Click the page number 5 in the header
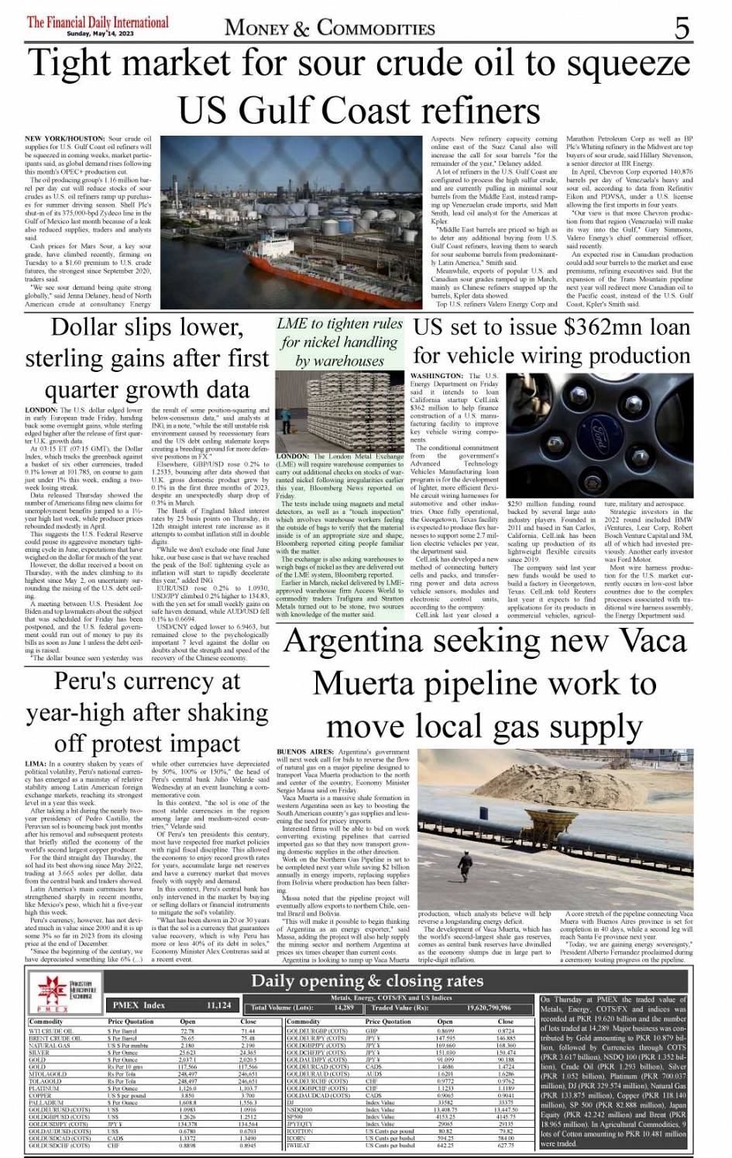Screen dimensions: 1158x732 click(x=682, y=29)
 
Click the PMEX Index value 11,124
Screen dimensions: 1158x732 click(x=219, y=1005)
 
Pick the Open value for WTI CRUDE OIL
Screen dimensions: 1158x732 click(x=187, y=1032)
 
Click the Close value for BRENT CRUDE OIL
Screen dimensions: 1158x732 click(x=248, y=1039)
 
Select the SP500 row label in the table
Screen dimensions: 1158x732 click(x=295, y=1116)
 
